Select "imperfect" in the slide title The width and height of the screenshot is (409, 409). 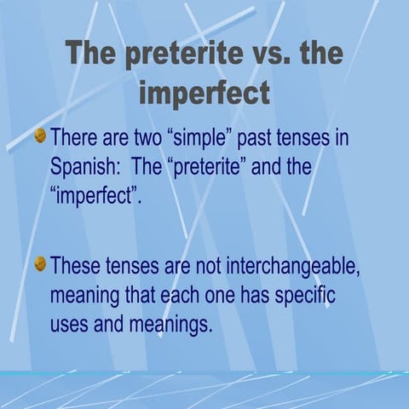pyautogui.click(x=204, y=91)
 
